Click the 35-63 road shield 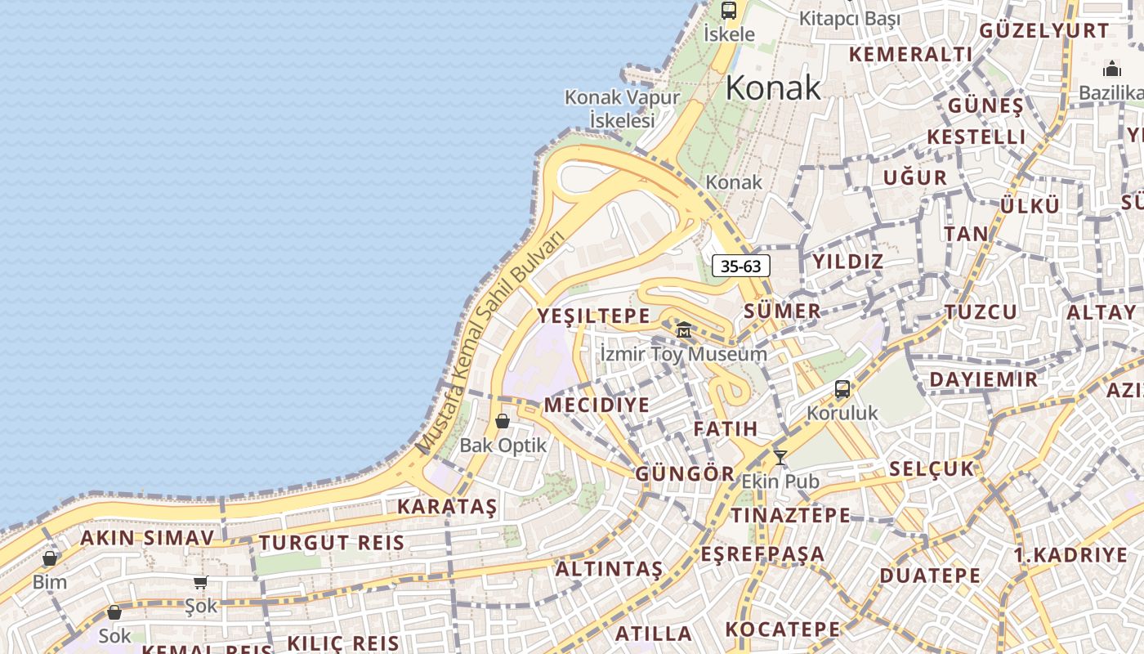(x=741, y=266)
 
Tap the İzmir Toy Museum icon (x=684, y=330)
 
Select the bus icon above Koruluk (x=842, y=389)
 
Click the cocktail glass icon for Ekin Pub (x=780, y=458)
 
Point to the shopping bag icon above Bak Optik (x=503, y=421)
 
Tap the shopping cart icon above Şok (x=200, y=583)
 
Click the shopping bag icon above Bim (x=50, y=559)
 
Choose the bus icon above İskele (x=728, y=11)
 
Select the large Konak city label (x=772, y=87)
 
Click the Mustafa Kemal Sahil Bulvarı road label (x=491, y=344)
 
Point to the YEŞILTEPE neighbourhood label (x=594, y=316)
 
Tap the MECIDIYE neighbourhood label (x=597, y=405)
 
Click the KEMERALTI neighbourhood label (x=910, y=55)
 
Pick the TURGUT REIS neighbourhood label (x=332, y=542)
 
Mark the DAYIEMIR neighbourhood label (x=984, y=379)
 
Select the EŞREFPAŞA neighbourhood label (x=762, y=553)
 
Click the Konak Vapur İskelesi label (x=622, y=109)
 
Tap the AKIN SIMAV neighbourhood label (x=147, y=538)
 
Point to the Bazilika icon (x=1112, y=69)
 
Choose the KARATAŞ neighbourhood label (x=447, y=507)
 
